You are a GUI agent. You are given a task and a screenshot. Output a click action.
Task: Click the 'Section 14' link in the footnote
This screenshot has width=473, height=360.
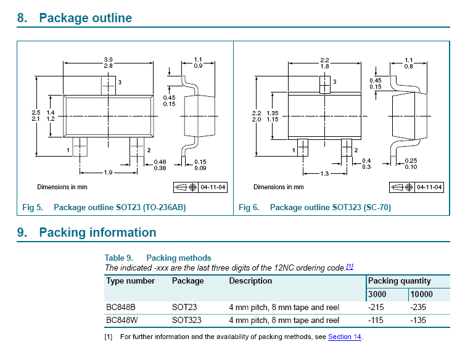click(345, 337)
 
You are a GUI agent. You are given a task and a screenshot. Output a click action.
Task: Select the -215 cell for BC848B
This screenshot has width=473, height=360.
click(376, 307)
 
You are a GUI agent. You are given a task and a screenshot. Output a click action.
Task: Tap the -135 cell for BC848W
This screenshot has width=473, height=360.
click(417, 320)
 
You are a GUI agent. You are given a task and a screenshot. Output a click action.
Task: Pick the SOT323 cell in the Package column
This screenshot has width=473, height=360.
click(186, 320)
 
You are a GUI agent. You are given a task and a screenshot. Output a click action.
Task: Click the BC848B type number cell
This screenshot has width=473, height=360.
click(121, 307)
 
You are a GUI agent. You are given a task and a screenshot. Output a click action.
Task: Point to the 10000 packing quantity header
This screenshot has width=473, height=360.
click(421, 294)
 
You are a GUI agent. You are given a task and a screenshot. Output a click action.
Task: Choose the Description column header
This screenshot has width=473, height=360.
click(250, 280)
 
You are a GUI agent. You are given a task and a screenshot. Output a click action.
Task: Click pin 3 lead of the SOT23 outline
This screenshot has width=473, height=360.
click(109, 86)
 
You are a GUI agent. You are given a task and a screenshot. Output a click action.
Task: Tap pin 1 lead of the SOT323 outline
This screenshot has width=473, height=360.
click(303, 147)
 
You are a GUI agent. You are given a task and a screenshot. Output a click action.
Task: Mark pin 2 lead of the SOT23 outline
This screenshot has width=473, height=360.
click(137, 147)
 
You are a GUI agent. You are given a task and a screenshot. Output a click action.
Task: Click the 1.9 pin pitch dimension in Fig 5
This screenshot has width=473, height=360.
click(109, 173)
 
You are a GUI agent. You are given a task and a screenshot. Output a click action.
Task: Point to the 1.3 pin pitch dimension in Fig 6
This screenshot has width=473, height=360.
click(324, 174)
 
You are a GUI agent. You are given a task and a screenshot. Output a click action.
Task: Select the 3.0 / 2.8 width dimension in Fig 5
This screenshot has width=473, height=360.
click(109, 63)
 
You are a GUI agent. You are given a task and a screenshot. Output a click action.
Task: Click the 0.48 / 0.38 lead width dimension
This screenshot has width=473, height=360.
click(160, 165)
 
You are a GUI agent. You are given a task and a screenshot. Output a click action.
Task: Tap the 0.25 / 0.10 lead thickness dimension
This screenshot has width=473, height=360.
click(411, 164)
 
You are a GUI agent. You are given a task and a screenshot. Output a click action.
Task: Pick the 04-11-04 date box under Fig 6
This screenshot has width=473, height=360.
click(429, 187)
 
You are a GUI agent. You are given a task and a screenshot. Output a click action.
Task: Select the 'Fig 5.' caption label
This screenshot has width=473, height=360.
click(33, 208)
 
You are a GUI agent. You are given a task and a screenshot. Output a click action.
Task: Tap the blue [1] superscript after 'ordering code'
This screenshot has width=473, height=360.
click(350, 266)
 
